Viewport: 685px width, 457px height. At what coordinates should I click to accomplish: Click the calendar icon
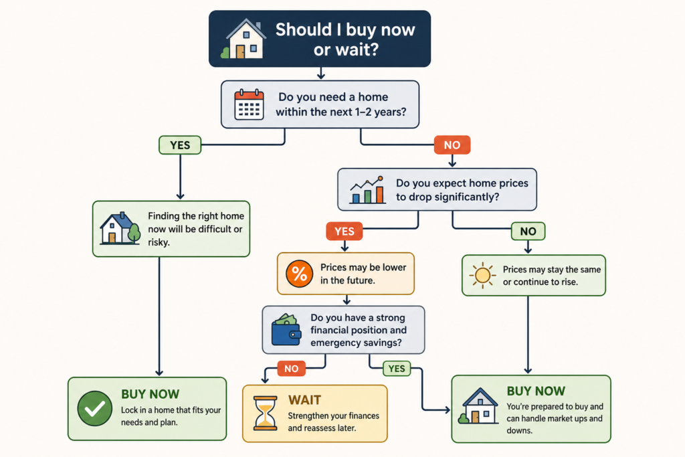249,104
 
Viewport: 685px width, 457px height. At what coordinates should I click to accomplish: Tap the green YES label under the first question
180,145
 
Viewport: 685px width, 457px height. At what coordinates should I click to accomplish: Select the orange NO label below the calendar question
452,145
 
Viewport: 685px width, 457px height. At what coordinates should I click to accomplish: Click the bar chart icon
367,190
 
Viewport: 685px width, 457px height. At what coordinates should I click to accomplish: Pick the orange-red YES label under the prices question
345,231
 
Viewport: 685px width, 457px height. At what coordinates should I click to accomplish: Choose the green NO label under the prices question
528,231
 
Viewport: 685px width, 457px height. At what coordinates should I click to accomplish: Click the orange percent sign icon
299,274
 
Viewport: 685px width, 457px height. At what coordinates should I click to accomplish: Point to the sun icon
483,275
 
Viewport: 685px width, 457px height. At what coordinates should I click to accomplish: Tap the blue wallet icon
286,330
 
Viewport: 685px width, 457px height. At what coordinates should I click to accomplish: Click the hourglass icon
266,414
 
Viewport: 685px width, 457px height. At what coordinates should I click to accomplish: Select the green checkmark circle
95,409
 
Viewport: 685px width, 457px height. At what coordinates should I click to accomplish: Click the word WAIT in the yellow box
304,399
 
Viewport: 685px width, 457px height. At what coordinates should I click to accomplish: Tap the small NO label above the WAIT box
292,369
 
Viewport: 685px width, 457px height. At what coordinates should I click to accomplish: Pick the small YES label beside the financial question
397,369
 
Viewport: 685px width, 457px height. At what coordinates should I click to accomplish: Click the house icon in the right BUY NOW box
478,406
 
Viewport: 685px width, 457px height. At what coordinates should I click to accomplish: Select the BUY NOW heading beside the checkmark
151,394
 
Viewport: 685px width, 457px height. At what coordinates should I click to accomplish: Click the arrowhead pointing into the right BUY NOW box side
448,409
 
